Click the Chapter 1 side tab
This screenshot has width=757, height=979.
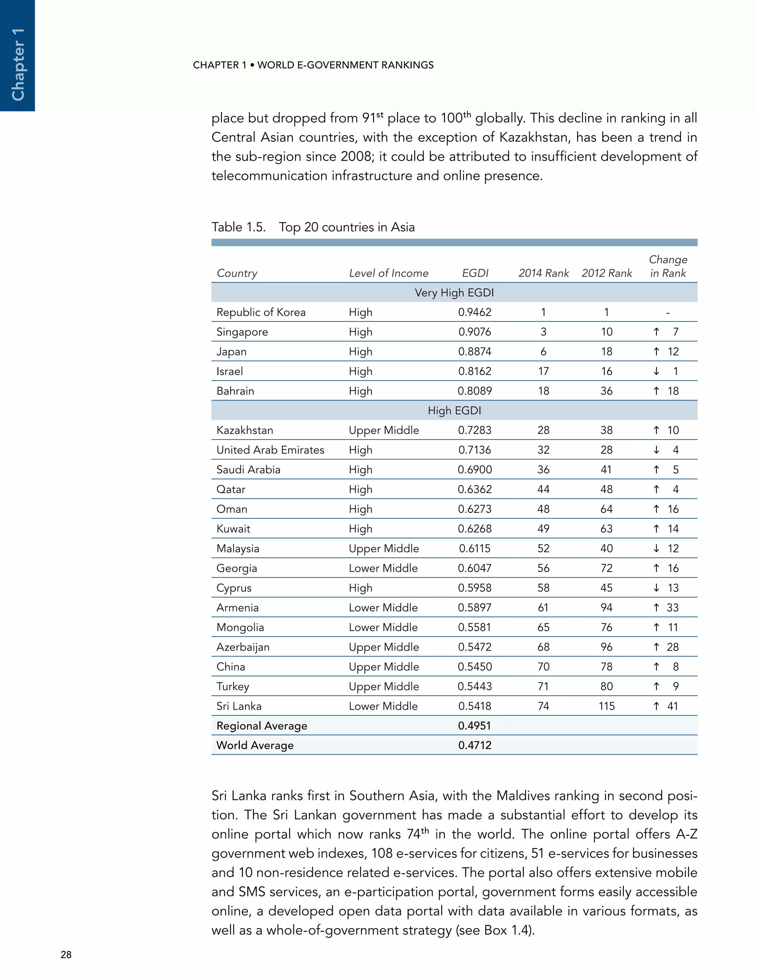pyautogui.click(x=17, y=55)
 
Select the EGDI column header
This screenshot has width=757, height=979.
pyautogui.click(x=475, y=273)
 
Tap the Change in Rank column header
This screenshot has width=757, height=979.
pyautogui.click(x=668, y=266)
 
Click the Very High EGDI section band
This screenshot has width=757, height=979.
pyautogui.click(x=454, y=293)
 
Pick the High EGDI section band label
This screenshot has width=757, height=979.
pyautogui.click(x=454, y=410)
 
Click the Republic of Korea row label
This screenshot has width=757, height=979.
pyautogui.click(x=261, y=313)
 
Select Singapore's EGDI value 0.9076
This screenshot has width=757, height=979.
pyautogui.click(x=475, y=332)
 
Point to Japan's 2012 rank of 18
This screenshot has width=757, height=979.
pyautogui.click(x=606, y=352)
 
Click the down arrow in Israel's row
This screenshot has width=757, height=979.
pyautogui.click(x=656, y=372)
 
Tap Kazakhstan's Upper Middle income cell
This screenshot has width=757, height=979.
pyautogui.click(x=384, y=430)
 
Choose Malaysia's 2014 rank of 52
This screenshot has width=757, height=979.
pyautogui.click(x=543, y=549)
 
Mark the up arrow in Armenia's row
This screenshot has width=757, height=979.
pyautogui.click(x=656, y=608)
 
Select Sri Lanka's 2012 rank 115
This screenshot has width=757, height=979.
pyautogui.click(x=606, y=706)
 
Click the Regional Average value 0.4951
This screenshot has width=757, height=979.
pyautogui.click(x=475, y=726)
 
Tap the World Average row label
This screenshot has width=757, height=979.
pyautogui.click(x=255, y=746)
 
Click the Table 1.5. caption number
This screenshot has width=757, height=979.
pyautogui.click(x=238, y=227)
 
